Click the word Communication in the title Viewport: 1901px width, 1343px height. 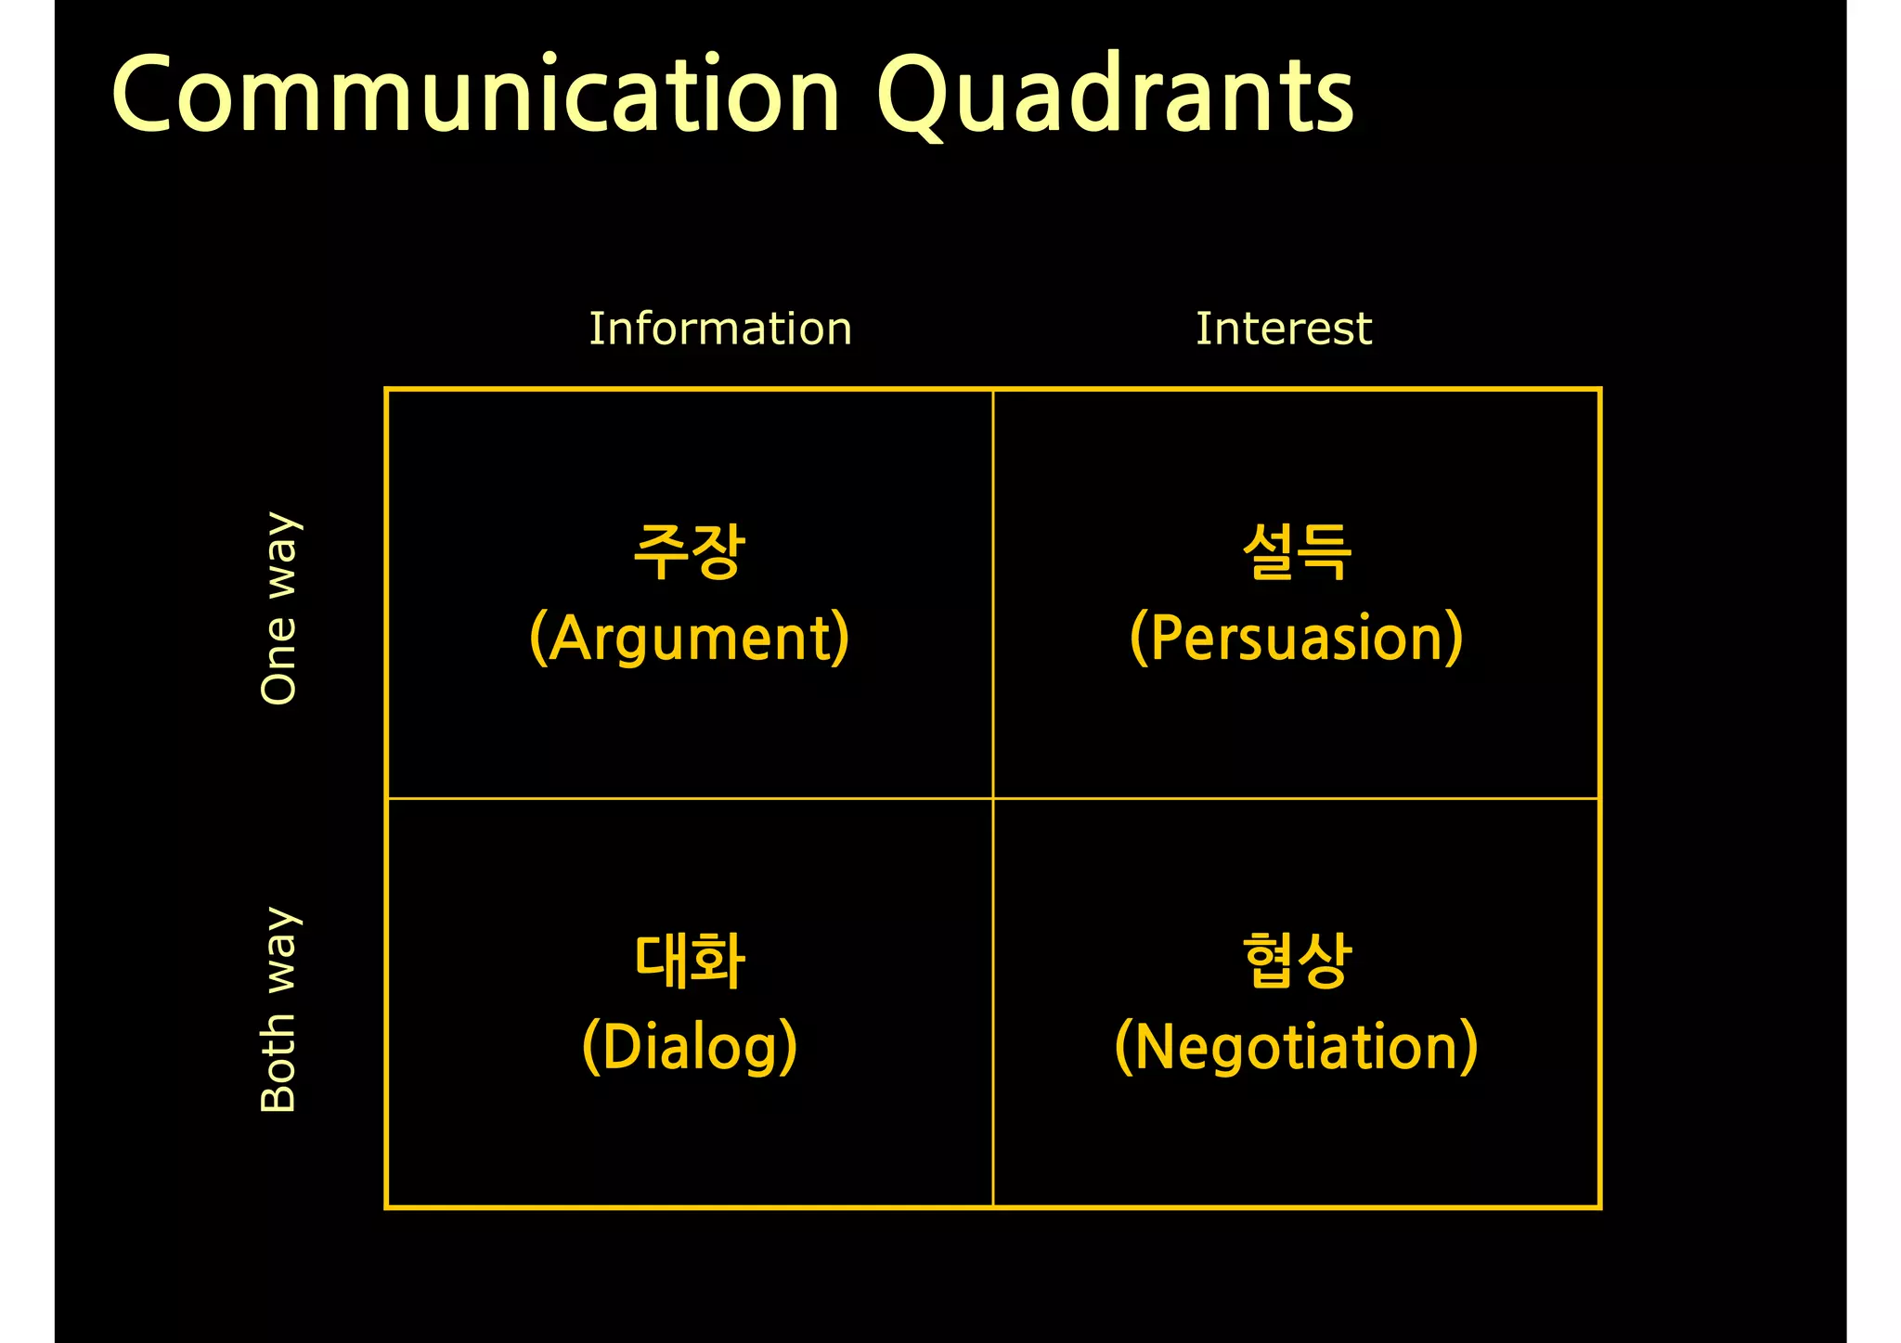(475, 96)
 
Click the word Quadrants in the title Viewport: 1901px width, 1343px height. (1114, 96)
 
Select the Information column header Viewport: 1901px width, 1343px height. (720, 329)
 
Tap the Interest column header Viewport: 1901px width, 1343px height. (1283, 329)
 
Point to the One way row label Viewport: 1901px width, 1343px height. (278, 608)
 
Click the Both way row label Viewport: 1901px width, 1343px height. (278, 1010)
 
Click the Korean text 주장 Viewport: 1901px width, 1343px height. (689, 551)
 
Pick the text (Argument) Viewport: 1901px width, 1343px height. (689, 638)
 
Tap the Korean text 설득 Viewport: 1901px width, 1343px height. (1296, 551)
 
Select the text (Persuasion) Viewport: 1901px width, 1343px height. (1296, 638)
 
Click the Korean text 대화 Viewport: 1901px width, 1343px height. (689, 961)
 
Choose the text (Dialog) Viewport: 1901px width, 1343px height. (689, 1047)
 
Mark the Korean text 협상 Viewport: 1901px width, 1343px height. (1296, 961)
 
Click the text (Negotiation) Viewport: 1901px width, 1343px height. (1296, 1047)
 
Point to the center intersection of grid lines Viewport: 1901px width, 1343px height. (993, 798)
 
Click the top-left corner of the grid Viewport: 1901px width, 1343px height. (386, 389)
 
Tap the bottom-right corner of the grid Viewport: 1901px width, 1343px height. (1600, 1207)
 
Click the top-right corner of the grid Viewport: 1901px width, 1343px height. (1600, 389)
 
